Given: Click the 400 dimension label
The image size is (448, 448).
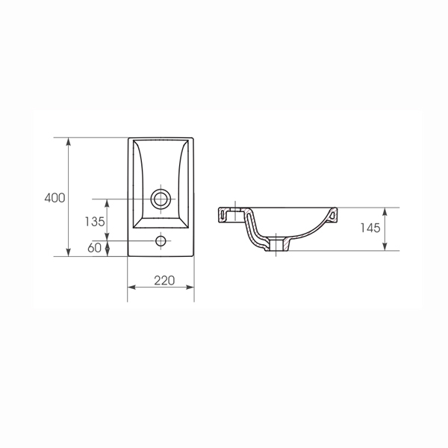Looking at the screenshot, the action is click(55, 198).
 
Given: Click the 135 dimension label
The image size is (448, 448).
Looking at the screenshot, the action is click(95, 222).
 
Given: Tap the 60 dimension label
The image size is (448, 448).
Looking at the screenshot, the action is click(94, 248).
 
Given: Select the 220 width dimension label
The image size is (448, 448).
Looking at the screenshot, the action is click(164, 281).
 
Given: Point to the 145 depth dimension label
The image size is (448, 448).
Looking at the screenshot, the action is click(370, 228).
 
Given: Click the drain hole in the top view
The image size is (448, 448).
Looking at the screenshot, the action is click(161, 199).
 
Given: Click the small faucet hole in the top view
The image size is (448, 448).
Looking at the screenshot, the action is click(161, 241).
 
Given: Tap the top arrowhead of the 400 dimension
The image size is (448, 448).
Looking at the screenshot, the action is click(68, 141).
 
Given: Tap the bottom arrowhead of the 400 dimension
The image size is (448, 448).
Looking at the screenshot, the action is click(68, 252).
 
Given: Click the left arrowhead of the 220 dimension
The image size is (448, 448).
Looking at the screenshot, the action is click(131, 287).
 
